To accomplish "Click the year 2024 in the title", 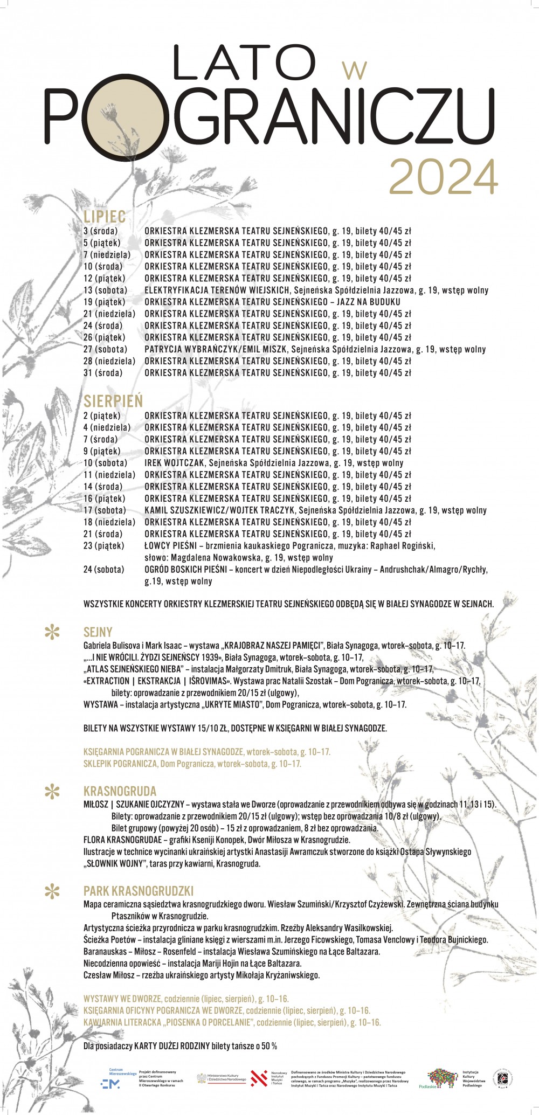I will click(x=443, y=176).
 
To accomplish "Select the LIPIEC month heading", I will click(x=105, y=217).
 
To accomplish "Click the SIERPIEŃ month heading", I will click(x=113, y=401).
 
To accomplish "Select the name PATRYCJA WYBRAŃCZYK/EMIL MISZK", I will click(x=217, y=350).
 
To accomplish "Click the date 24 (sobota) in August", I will click(x=103, y=570).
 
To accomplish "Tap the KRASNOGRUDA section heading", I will click(x=120, y=792).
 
